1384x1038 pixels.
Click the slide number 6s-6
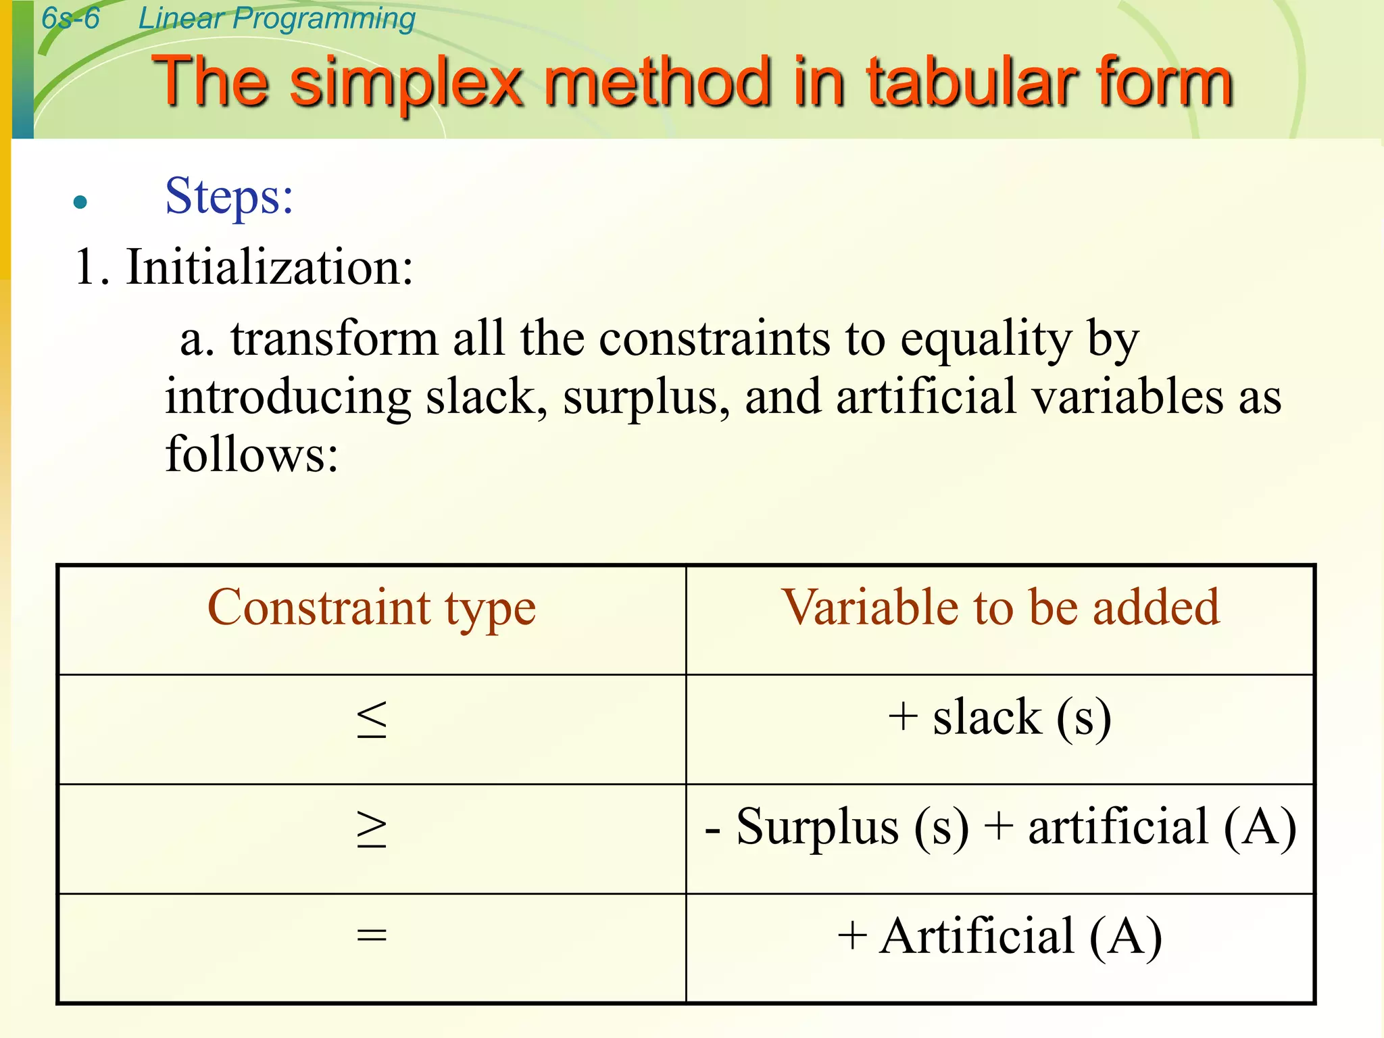click(x=70, y=18)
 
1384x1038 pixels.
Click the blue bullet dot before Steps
click(x=80, y=202)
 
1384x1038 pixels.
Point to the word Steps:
click(x=229, y=197)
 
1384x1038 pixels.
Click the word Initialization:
click(x=269, y=268)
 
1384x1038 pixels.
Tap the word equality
click(x=986, y=339)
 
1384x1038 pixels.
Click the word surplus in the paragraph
click(x=645, y=397)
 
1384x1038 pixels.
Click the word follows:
click(x=251, y=454)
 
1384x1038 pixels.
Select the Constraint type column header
click(x=372, y=608)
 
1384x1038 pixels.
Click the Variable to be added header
click(x=1000, y=608)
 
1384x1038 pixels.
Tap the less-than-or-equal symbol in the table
click(x=372, y=719)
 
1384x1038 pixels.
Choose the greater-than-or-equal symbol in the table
click(x=372, y=829)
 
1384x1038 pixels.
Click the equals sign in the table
click(x=372, y=937)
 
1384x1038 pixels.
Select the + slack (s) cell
click(x=999, y=718)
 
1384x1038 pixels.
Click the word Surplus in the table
click(x=817, y=827)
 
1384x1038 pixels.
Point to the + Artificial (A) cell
click(x=999, y=937)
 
